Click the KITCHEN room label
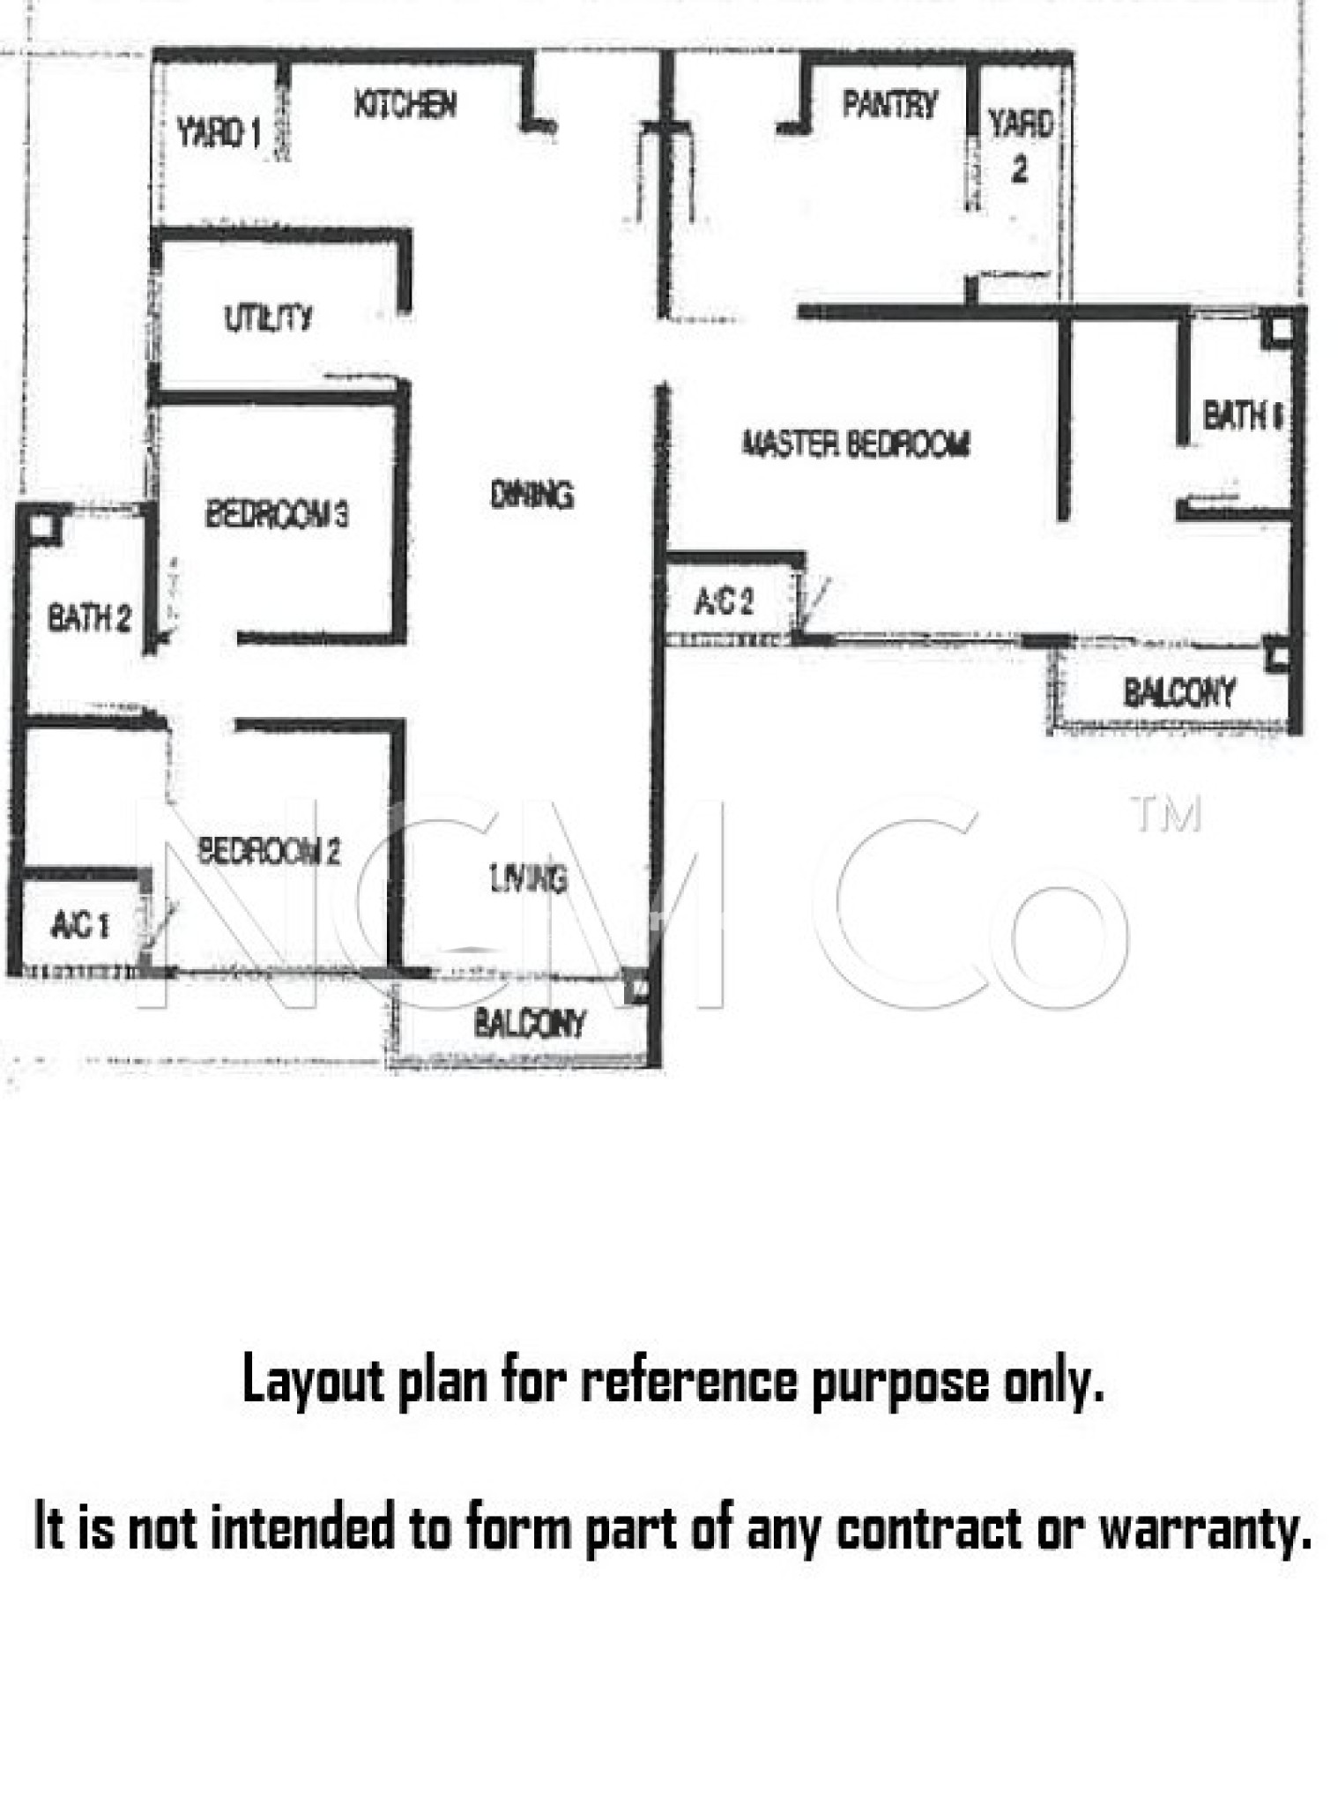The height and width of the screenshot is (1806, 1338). pos(405,104)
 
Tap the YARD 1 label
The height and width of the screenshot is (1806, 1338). pos(219,133)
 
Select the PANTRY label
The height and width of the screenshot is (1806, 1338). pos(888,104)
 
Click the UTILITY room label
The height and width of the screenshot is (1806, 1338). pos(268,317)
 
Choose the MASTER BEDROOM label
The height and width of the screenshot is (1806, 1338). pos(856,444)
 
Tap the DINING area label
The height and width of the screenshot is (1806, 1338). pos(531,495)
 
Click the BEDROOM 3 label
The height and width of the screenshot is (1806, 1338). pos(277,513)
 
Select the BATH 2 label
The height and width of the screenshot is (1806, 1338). pos(89,617)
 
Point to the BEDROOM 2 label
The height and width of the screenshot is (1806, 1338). pos(269,851)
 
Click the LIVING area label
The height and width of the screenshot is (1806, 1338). pos(529,878)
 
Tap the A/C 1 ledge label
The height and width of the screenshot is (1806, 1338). pos(79,925)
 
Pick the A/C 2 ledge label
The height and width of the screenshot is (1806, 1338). pos(724,601)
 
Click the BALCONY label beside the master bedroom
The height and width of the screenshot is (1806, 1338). pos(1178,693)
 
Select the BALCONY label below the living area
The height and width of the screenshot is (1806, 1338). pos(530,1024)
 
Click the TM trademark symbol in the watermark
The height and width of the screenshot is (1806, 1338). pos(1165,815)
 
